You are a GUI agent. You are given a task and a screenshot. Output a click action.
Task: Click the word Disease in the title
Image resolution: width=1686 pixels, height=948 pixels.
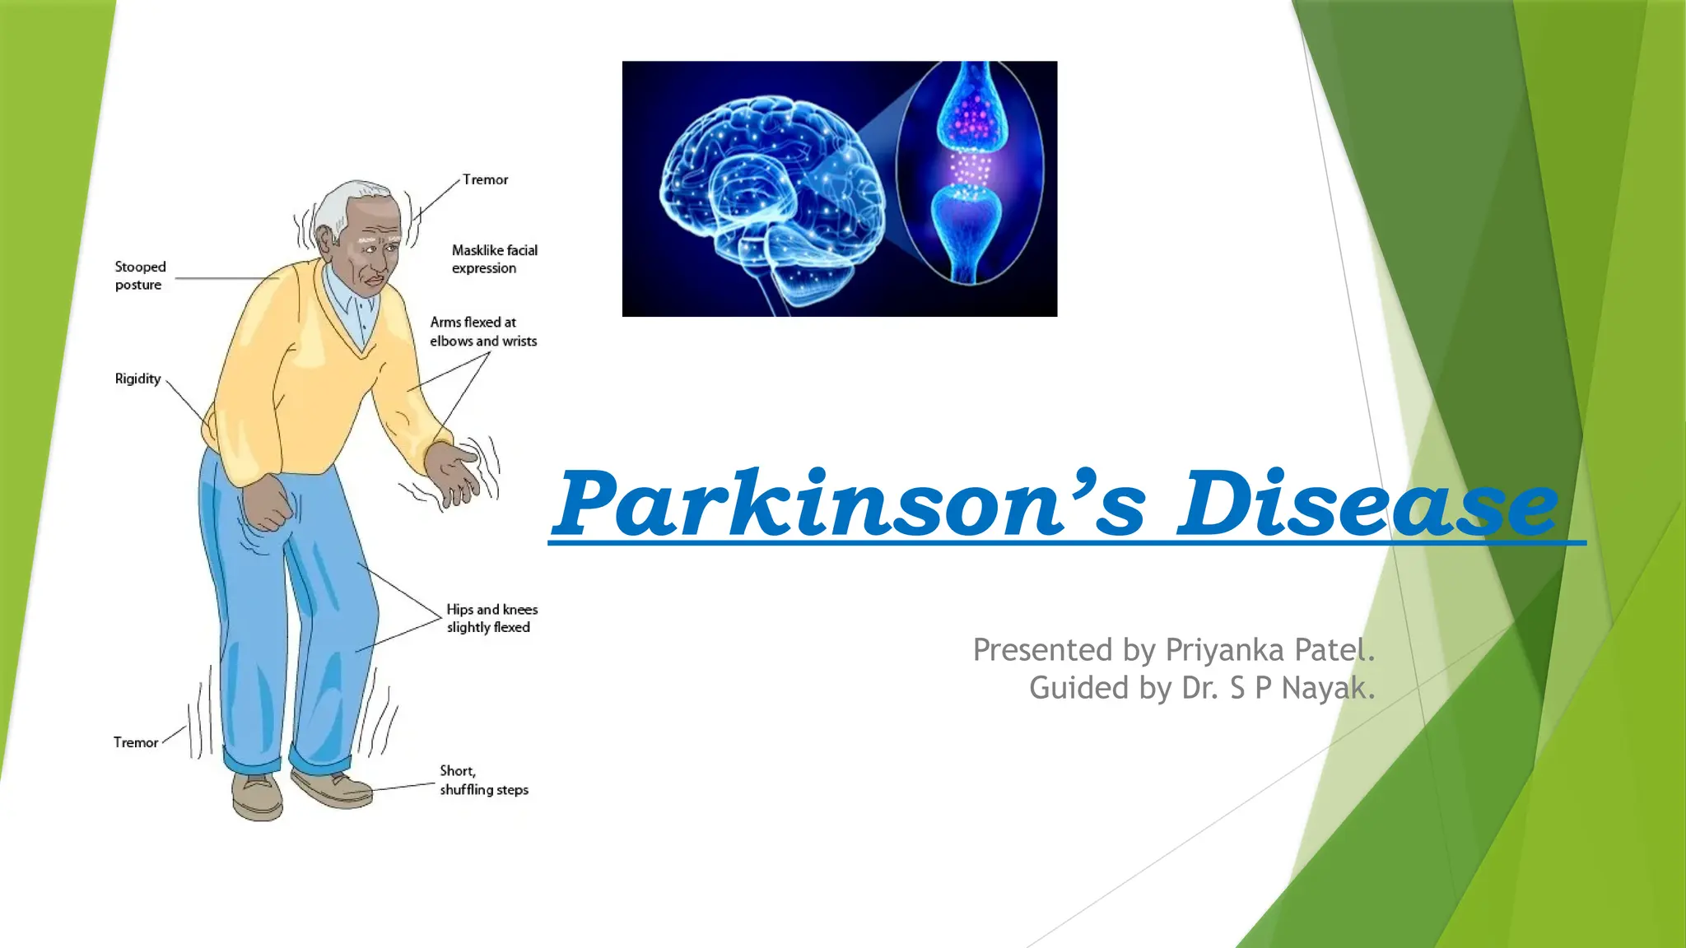tap(1367, 504)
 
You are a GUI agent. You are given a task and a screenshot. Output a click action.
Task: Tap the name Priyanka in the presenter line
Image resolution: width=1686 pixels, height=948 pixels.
tap(1225, 650)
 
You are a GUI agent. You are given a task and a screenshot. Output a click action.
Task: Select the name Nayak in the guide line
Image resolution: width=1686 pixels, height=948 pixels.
tap(1327, 688)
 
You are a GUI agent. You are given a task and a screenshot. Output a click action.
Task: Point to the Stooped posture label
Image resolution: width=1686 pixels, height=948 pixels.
tap(140, 276)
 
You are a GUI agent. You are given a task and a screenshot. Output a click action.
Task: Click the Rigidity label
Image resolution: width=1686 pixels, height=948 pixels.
tap(137, 379)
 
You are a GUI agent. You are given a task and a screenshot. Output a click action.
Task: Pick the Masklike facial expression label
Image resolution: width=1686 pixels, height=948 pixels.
tap(494, 259)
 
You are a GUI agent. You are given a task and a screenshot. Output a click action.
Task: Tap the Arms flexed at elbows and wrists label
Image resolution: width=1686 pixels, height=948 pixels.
tap(483, 332)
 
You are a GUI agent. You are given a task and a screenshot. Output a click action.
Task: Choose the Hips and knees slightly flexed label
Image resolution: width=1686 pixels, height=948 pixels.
tap(491, 618)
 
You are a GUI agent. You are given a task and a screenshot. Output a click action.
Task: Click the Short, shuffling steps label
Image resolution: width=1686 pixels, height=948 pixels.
tap(483, 780)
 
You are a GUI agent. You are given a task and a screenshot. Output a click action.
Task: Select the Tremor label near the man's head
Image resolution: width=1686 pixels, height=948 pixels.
tap(485, 179)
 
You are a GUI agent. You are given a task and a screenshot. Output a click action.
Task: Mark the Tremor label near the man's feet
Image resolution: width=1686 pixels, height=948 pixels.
tap(136, 742)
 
